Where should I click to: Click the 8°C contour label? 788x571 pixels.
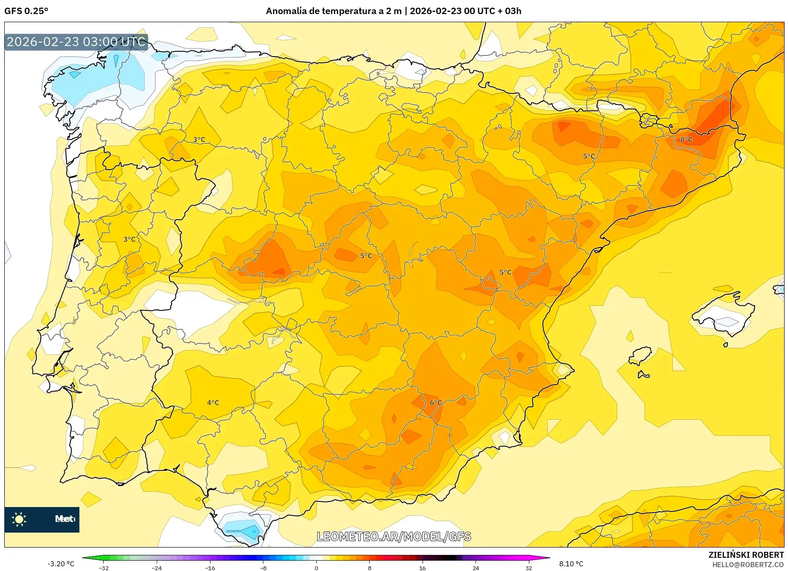686,139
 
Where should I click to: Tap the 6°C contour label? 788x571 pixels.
436,403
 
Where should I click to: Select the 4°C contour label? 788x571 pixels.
213,403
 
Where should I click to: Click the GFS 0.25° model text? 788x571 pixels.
26,11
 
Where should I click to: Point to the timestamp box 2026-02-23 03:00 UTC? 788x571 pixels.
76,42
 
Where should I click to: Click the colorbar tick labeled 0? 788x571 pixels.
316,568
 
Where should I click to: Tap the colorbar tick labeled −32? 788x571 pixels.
104,568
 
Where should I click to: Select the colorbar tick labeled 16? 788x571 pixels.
422,568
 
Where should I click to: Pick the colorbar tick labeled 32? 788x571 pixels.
528,568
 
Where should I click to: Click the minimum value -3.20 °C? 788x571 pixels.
61,564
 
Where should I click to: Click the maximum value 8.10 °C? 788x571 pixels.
571,564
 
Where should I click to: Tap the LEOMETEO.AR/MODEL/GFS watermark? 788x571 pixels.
394,536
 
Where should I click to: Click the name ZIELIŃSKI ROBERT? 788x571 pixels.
746,555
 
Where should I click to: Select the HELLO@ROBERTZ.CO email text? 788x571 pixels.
748,565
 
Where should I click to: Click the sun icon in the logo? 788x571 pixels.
19,519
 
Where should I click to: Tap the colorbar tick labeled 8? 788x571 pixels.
369,568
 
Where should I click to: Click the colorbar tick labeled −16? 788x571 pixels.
210,568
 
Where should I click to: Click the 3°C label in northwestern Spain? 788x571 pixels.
199,139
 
